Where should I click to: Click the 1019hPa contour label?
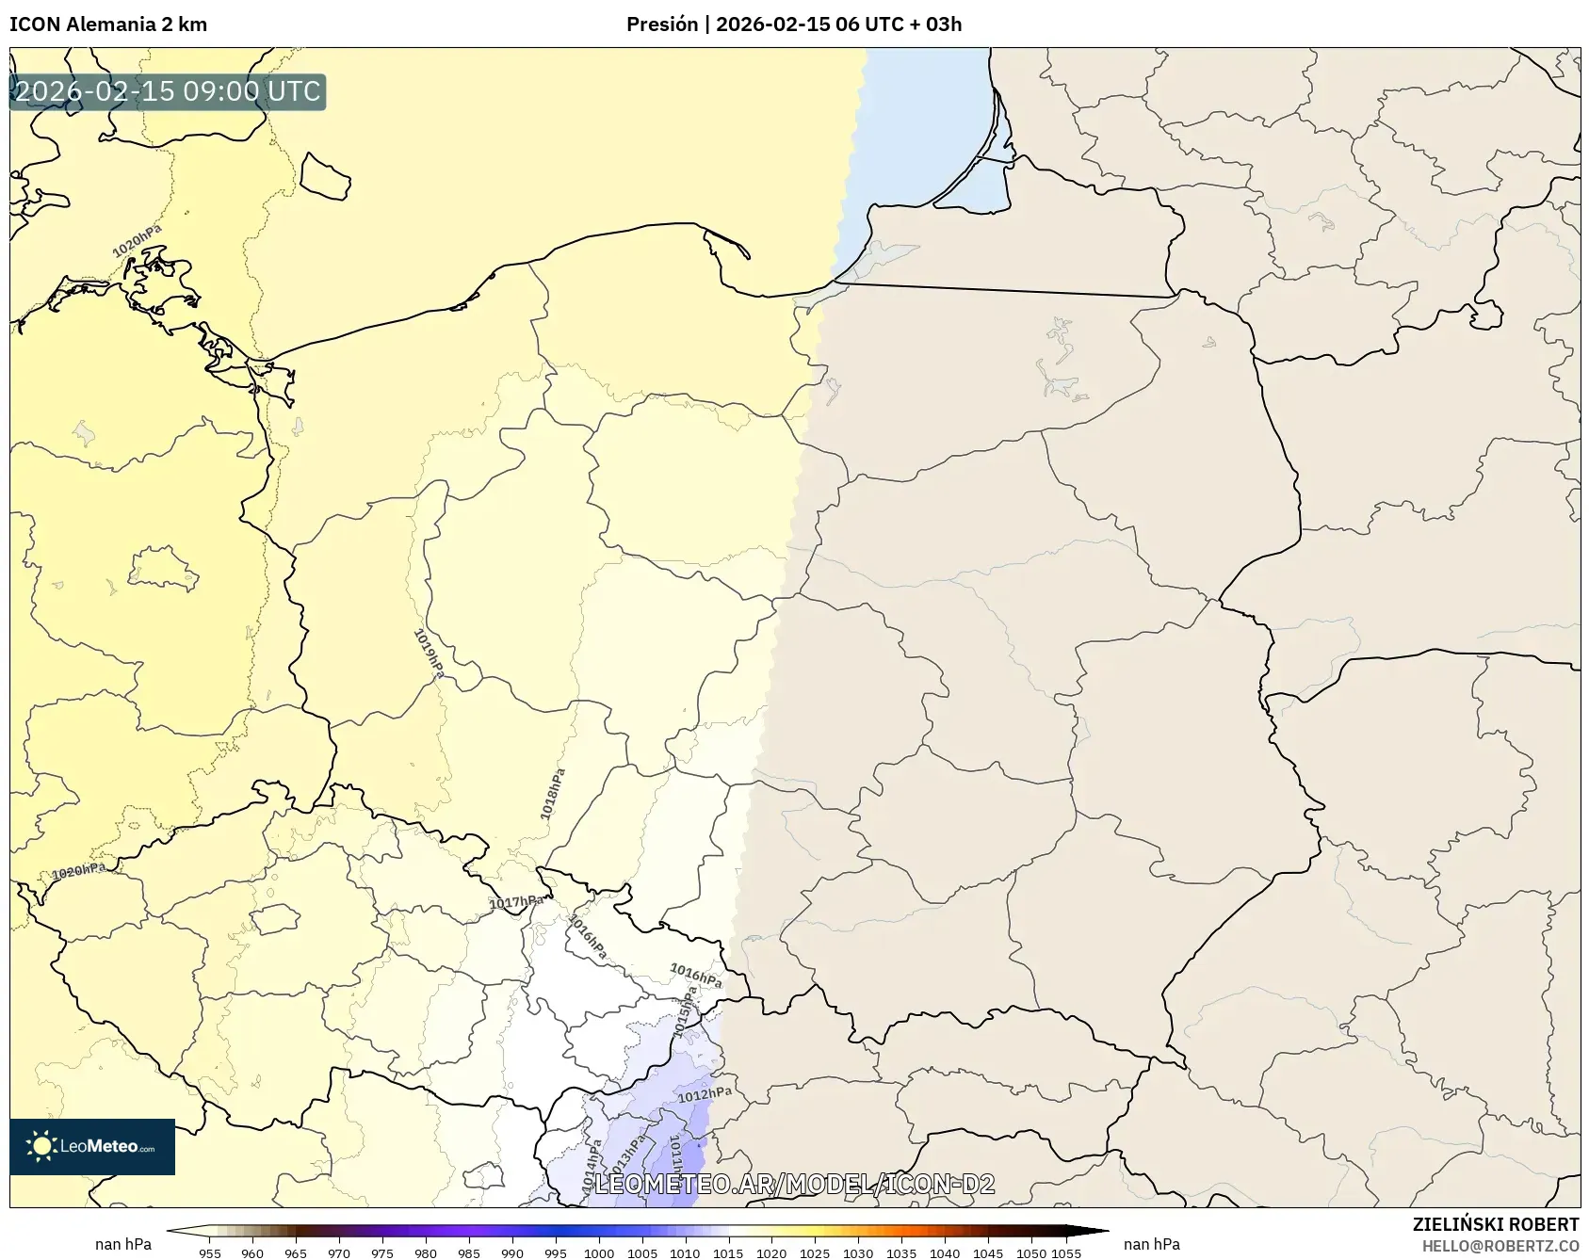[429, 653]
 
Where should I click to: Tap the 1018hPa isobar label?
[553, 794]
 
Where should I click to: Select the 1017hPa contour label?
[515, 902]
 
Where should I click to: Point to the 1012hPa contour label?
[705, 1094]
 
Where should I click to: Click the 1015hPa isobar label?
[686, 1012]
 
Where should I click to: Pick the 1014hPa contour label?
[592, 1168]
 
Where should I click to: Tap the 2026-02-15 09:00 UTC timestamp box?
[168, 91]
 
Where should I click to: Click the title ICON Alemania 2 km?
[108, 24]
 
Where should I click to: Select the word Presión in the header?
[662, 24]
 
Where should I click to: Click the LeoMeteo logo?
[92, 1146]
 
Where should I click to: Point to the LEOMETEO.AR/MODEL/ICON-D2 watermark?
[794, 1184]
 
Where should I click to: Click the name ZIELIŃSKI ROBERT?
[1495, 1224]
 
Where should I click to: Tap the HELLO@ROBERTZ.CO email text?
[1500, 1246]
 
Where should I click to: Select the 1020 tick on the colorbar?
[771, 1253]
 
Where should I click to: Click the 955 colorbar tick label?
[210, 1253]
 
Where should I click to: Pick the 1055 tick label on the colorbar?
[1066, 1253]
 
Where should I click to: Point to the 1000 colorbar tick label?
[598, 1253]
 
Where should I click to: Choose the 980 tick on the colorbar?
[426, 1253]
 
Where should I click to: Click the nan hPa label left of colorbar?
[123, 1244]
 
